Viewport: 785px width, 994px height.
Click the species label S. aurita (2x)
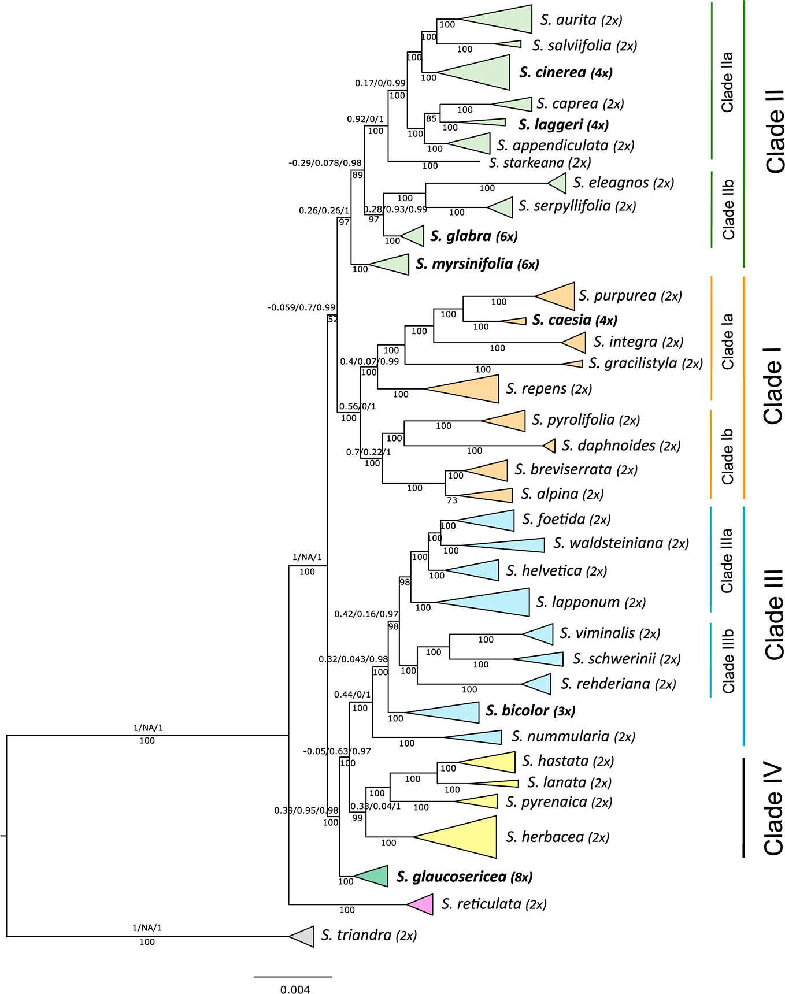(x=581, y=20)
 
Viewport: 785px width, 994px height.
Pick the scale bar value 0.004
(x=295, y=989)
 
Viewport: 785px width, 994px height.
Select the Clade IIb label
(x=728, y=209)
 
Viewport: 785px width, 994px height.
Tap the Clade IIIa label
(x=727, y=561)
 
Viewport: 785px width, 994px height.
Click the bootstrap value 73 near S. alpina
(x=451, y=500)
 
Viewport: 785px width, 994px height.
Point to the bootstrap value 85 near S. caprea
(x=431, y=119)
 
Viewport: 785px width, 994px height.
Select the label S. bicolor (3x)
(x=530, y=711)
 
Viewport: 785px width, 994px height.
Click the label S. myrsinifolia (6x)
(x=477, y=264)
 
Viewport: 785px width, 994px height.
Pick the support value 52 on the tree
(x=332, y=319)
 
